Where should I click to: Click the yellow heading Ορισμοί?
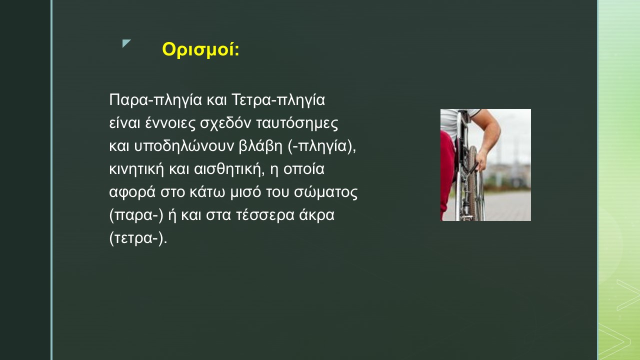(x=200, y=50)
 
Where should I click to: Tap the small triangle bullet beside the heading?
(x=125, y=43)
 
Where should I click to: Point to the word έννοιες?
(x=170, y=123)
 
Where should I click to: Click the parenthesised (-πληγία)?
(x=322, y=146)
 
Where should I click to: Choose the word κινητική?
(x=136, y=169)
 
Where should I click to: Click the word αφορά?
(x=132, y=192)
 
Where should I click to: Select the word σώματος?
(x=325, y=192)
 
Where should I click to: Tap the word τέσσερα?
(x=265, y=215)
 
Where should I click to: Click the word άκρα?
(x=316, y=215)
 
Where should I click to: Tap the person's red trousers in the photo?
(x=446, y=168)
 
